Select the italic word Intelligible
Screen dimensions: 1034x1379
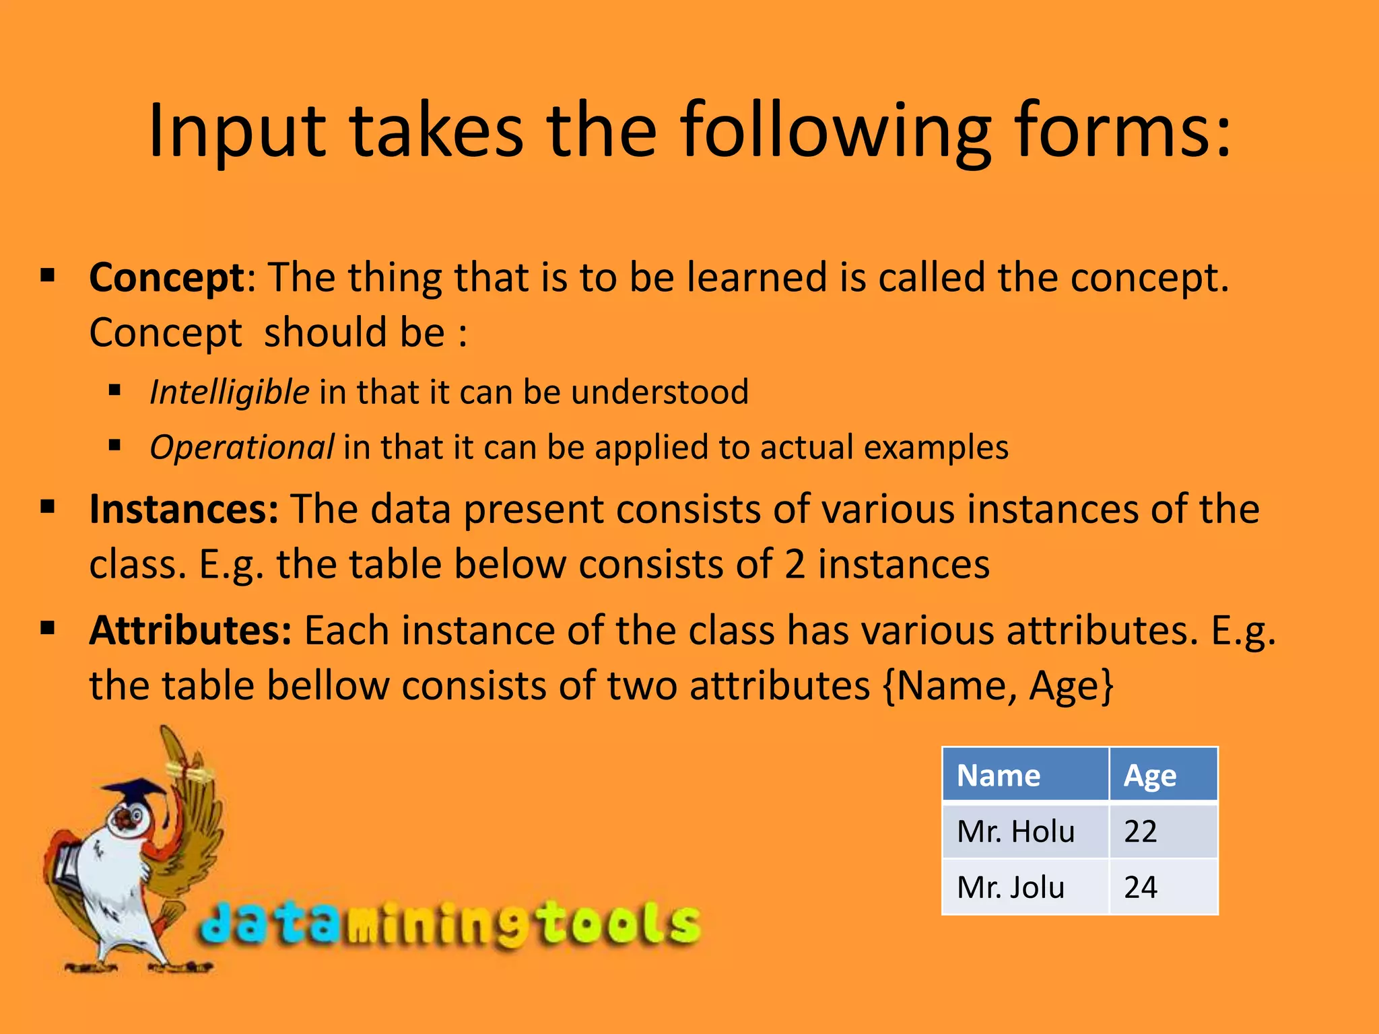(x=229, y=392)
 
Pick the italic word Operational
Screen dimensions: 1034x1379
(x=241, y=448)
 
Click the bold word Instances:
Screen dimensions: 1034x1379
(x=184, y=509)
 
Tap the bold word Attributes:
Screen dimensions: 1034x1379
(x=191, y=631)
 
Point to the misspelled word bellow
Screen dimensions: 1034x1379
(x=328, y=686)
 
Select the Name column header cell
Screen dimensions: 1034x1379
(x=1025, y=775)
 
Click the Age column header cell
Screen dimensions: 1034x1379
(x=1163, y=775)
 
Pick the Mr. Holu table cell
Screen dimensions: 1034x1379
(x=1025, y=831)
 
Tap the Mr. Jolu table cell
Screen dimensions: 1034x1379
(x=1025, y=887)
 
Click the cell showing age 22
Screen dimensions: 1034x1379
(x=1163, y=831)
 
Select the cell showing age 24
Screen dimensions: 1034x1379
(x=1163, y=887)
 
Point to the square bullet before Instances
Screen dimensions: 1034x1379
(x=47, y=506)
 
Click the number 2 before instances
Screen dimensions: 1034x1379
(x=795, y=564)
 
